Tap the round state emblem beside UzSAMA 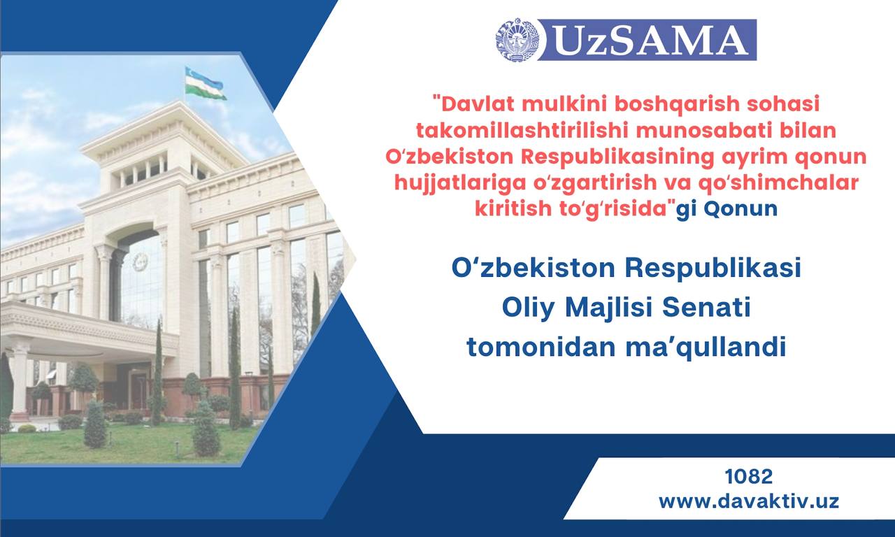[x=517, y=39]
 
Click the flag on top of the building [x=205, y=83]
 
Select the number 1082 [x=749, y=477]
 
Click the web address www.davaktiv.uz [x=749, y=501]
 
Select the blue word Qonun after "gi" [x=740, y=209]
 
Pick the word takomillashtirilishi [x=522, y=130]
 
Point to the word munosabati [x=704, y=130]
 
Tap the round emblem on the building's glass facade [x=140, y=262]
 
